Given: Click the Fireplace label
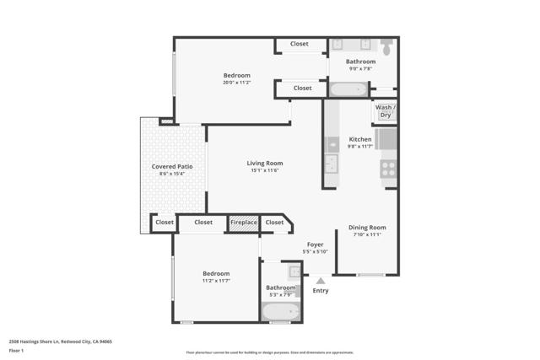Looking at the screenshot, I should (245, 223).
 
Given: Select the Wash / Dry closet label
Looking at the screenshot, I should (385, 111).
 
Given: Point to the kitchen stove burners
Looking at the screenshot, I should (388, 169).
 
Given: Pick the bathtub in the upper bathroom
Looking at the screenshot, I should (347, 89).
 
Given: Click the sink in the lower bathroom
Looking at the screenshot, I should (294, 271).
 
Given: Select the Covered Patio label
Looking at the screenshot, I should (172, 167).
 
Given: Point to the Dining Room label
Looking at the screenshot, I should (368, 227).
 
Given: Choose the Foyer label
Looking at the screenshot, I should (315, 244).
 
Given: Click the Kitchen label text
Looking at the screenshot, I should (360, 139).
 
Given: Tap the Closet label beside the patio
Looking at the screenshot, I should (165, 223).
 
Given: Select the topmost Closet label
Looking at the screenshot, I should (300, 44).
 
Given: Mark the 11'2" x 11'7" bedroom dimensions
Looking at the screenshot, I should (216, 281).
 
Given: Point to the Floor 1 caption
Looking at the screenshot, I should (16, 350).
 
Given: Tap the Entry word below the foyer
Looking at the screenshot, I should (321, 291).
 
